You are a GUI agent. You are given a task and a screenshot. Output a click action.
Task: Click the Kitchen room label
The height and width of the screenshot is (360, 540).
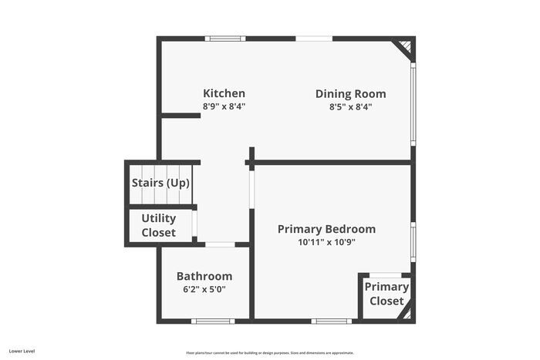224,93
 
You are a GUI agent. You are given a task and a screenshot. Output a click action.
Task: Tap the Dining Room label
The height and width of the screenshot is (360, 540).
350,94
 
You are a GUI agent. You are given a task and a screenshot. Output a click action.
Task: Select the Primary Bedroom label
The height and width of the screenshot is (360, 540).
326,229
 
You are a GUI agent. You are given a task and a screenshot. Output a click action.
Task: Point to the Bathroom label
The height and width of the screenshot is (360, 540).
204,276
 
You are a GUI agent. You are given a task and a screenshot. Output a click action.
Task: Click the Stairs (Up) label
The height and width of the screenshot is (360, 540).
160,183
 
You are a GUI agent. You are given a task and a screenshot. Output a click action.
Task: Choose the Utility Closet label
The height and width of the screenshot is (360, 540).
158,225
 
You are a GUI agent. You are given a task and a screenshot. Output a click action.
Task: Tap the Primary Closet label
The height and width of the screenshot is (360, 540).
386,294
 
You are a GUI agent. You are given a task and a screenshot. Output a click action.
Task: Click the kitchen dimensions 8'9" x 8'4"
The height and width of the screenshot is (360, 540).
224,107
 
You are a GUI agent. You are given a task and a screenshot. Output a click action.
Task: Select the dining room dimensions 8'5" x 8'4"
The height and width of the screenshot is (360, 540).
350,107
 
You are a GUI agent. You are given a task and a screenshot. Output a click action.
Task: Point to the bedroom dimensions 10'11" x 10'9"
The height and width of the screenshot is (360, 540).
326,242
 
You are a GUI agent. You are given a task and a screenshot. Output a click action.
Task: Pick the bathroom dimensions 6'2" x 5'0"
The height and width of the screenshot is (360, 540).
204,289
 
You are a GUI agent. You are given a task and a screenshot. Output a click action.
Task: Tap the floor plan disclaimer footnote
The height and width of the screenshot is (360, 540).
269,352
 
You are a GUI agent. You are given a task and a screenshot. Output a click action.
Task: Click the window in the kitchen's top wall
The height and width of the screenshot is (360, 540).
225,38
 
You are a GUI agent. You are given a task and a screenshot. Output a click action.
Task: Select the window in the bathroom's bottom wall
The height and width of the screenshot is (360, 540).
213,321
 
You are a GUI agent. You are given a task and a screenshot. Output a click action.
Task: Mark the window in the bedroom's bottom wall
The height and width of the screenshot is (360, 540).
332,321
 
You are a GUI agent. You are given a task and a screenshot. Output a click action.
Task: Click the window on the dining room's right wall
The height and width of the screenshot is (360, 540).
413,104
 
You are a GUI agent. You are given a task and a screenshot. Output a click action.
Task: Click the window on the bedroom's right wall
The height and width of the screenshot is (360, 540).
413,241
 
